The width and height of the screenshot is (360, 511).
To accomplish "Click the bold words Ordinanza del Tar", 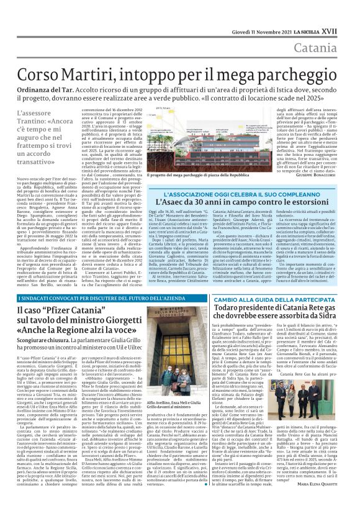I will click(x=47, y=91).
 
